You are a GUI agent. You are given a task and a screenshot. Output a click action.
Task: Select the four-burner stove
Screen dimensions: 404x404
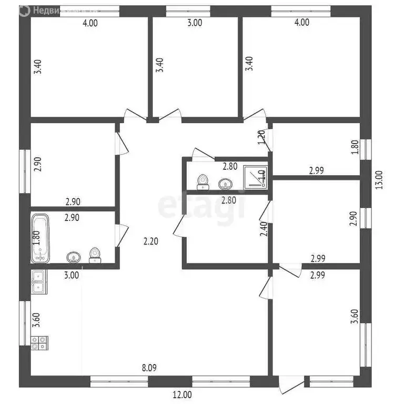point(39,344)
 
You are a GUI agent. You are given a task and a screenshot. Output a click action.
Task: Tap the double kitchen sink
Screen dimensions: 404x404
point(38,281)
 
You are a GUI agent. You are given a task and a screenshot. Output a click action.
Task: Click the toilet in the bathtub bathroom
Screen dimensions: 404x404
point(95,255)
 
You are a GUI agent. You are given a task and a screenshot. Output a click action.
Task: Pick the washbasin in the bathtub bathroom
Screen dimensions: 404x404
point(73,257)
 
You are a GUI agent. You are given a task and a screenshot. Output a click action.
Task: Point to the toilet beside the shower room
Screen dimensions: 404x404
point(202,182)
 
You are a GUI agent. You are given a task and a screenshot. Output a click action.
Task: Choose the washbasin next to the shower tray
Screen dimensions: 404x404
point(225,184)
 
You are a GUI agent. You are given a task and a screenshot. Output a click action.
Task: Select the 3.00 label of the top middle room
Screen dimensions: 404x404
point(195,23)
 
